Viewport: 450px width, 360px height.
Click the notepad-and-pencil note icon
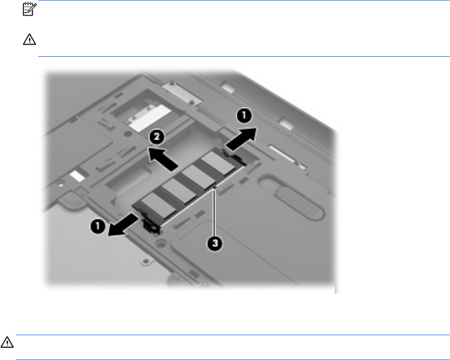[x=29, y=9]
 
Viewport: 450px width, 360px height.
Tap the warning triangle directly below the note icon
[x=29, y=40]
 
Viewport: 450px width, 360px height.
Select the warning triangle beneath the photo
[x=7, y=342]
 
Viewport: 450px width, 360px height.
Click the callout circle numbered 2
[x=157, y=136]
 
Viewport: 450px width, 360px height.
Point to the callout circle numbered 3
[x=215, y=243]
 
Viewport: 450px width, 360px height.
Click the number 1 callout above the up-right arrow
[x=244, y=116]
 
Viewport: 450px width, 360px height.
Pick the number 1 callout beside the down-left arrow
[x=98, y=226]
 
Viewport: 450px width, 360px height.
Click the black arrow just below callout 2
[x=163, y=159]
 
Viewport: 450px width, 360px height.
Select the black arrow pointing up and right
[x=241, y=139]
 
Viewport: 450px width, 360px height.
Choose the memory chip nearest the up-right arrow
[x=218, y=163]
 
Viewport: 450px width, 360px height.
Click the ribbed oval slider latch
[x=299, y=203]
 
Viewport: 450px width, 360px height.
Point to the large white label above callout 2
[x=150, y=118]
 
